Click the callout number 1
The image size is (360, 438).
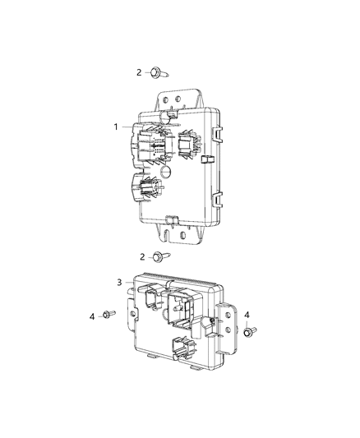[118, 127]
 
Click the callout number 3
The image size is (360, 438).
[120, 283]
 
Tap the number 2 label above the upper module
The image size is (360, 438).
[139, 73]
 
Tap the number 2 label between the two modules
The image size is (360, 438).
[142, 256]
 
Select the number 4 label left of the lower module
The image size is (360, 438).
[93, 316]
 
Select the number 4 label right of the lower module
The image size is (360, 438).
[247, 313]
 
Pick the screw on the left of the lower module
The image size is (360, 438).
[108, 315]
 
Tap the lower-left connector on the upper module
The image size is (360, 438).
[143, 188]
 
